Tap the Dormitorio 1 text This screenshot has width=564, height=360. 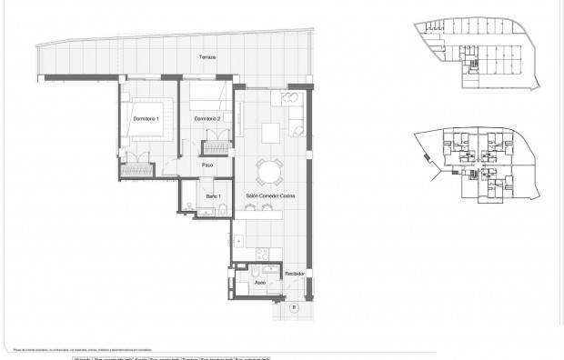click(146, 119)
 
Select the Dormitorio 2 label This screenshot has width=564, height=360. click(208, 119)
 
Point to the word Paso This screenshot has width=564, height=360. click(207, 165)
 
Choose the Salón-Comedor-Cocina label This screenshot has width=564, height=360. click(270, 196)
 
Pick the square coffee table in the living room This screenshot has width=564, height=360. click(272, 133)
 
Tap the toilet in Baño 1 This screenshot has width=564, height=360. click(221, 210)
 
